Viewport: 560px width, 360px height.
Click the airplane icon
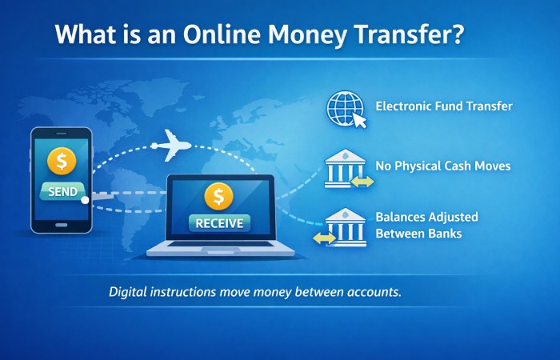[x=170, y=146]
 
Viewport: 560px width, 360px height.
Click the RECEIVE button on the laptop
[x=218, y=222]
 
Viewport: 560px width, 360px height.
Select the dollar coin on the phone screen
[x=62, y=161]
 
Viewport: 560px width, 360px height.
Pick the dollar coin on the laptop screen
[x=218, y=195]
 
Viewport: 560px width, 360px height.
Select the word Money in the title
[x=300, y=36]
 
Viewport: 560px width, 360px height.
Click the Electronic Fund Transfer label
[x=444, y=106]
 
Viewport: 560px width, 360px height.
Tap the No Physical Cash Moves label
[x=442, y=166]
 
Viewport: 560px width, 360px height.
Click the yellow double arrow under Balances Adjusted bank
[x=325, y=238]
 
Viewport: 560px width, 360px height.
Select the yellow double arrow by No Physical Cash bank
[x=363, y=182]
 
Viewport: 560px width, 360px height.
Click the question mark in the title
[x=457, y=36]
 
